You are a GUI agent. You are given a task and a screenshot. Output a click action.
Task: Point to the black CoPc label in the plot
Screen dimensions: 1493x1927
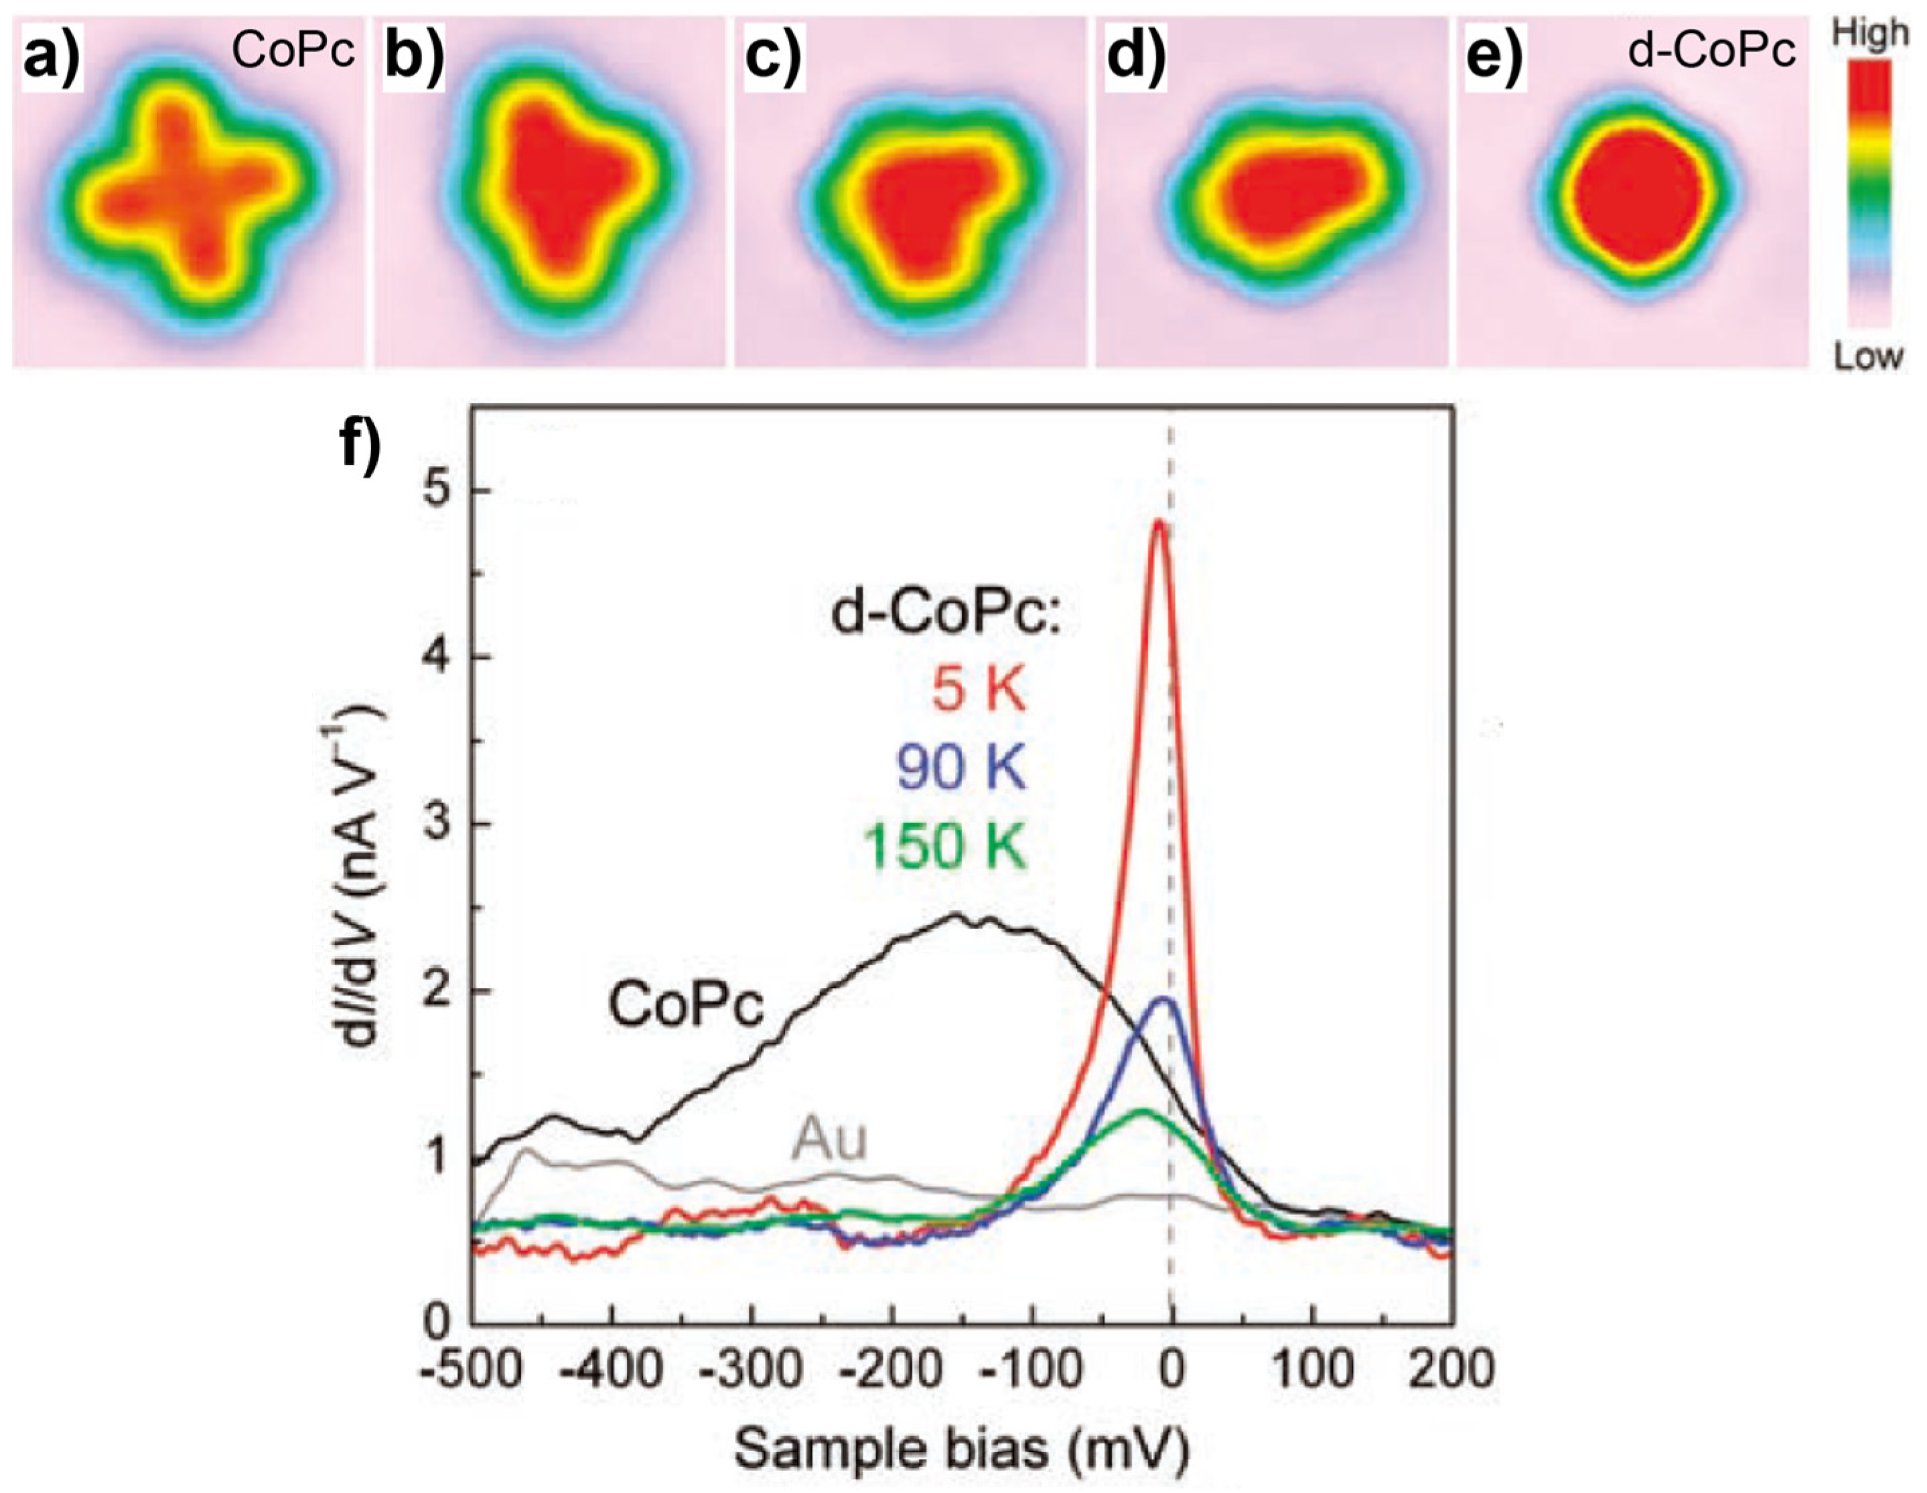(687, 1006)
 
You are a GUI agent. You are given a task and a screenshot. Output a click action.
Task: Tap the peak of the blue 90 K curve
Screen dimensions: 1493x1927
(1164, 999)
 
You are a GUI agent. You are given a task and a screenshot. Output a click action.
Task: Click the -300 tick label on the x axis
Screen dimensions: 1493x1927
(750, 1370)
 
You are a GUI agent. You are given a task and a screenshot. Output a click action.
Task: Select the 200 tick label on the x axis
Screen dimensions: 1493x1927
(1452, 1370)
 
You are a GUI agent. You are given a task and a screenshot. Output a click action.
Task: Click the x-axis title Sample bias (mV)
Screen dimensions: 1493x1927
(961, 1447)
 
